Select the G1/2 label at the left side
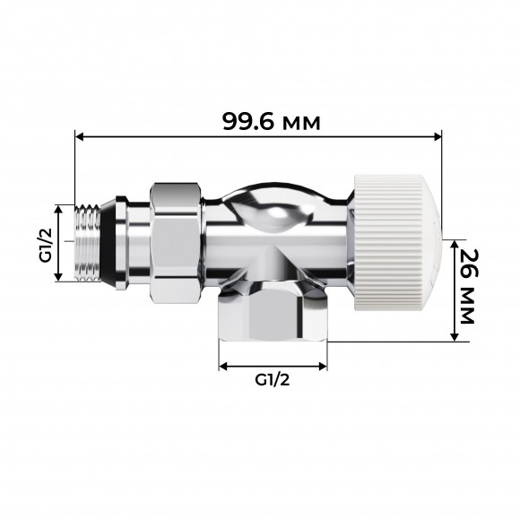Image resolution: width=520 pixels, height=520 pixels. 44,244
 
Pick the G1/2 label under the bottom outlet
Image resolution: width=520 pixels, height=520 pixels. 273,380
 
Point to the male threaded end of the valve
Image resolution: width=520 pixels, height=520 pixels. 88,242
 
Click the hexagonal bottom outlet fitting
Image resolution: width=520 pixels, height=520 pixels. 273,314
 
